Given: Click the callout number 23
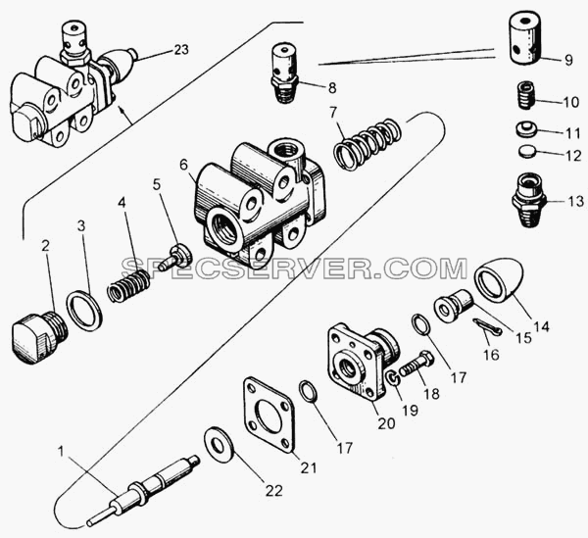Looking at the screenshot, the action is pos(181,50).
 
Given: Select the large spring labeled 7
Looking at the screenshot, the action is pos(367,144).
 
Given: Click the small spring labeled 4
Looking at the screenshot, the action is pos(128,285).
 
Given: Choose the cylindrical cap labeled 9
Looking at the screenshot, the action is pos(524,38).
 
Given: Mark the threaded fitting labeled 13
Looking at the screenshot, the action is pos(529,200).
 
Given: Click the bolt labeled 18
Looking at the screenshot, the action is pos(417,364).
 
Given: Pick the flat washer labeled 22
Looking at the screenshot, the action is pos(219,444).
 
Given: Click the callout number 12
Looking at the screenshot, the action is pos(572,155).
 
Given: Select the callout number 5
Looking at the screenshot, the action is pos(157,184).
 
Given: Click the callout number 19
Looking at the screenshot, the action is pos(410,411).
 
